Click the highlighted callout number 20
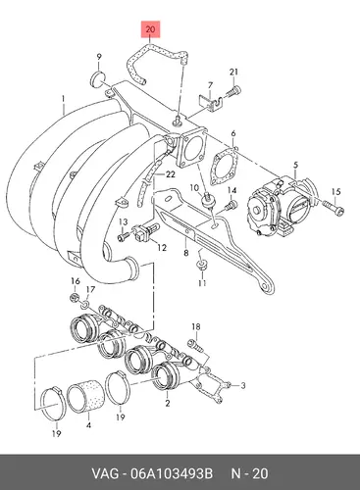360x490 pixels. click(x=150, y=29)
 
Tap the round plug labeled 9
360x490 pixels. click(x=98, y=79)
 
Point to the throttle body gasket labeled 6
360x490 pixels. click(x=225, y=167)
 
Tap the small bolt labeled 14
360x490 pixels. click(x=231, y=206)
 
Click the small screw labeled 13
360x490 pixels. click(x=123, y=236)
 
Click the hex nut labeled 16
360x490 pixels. click(x=75, y=298)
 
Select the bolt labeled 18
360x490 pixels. click(x=195, y=346)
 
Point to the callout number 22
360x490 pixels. click(x=171, y=174)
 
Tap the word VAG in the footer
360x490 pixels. click(x=105, y=473)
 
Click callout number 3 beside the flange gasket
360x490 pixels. click(x=243, y=386)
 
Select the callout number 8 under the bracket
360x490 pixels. click(x=186, y=253)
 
